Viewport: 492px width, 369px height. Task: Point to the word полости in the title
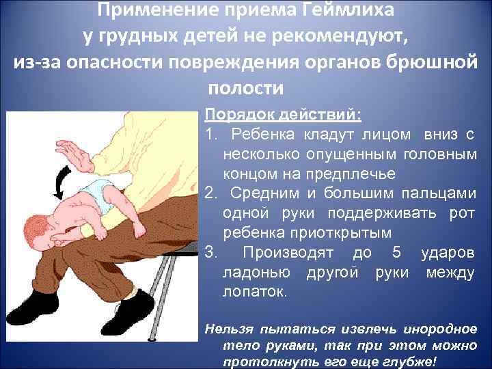click(x=245, y=87)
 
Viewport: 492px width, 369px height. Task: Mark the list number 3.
click(x=210, y=253)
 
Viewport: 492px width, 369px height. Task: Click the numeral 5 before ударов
click(x=396, y=253)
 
